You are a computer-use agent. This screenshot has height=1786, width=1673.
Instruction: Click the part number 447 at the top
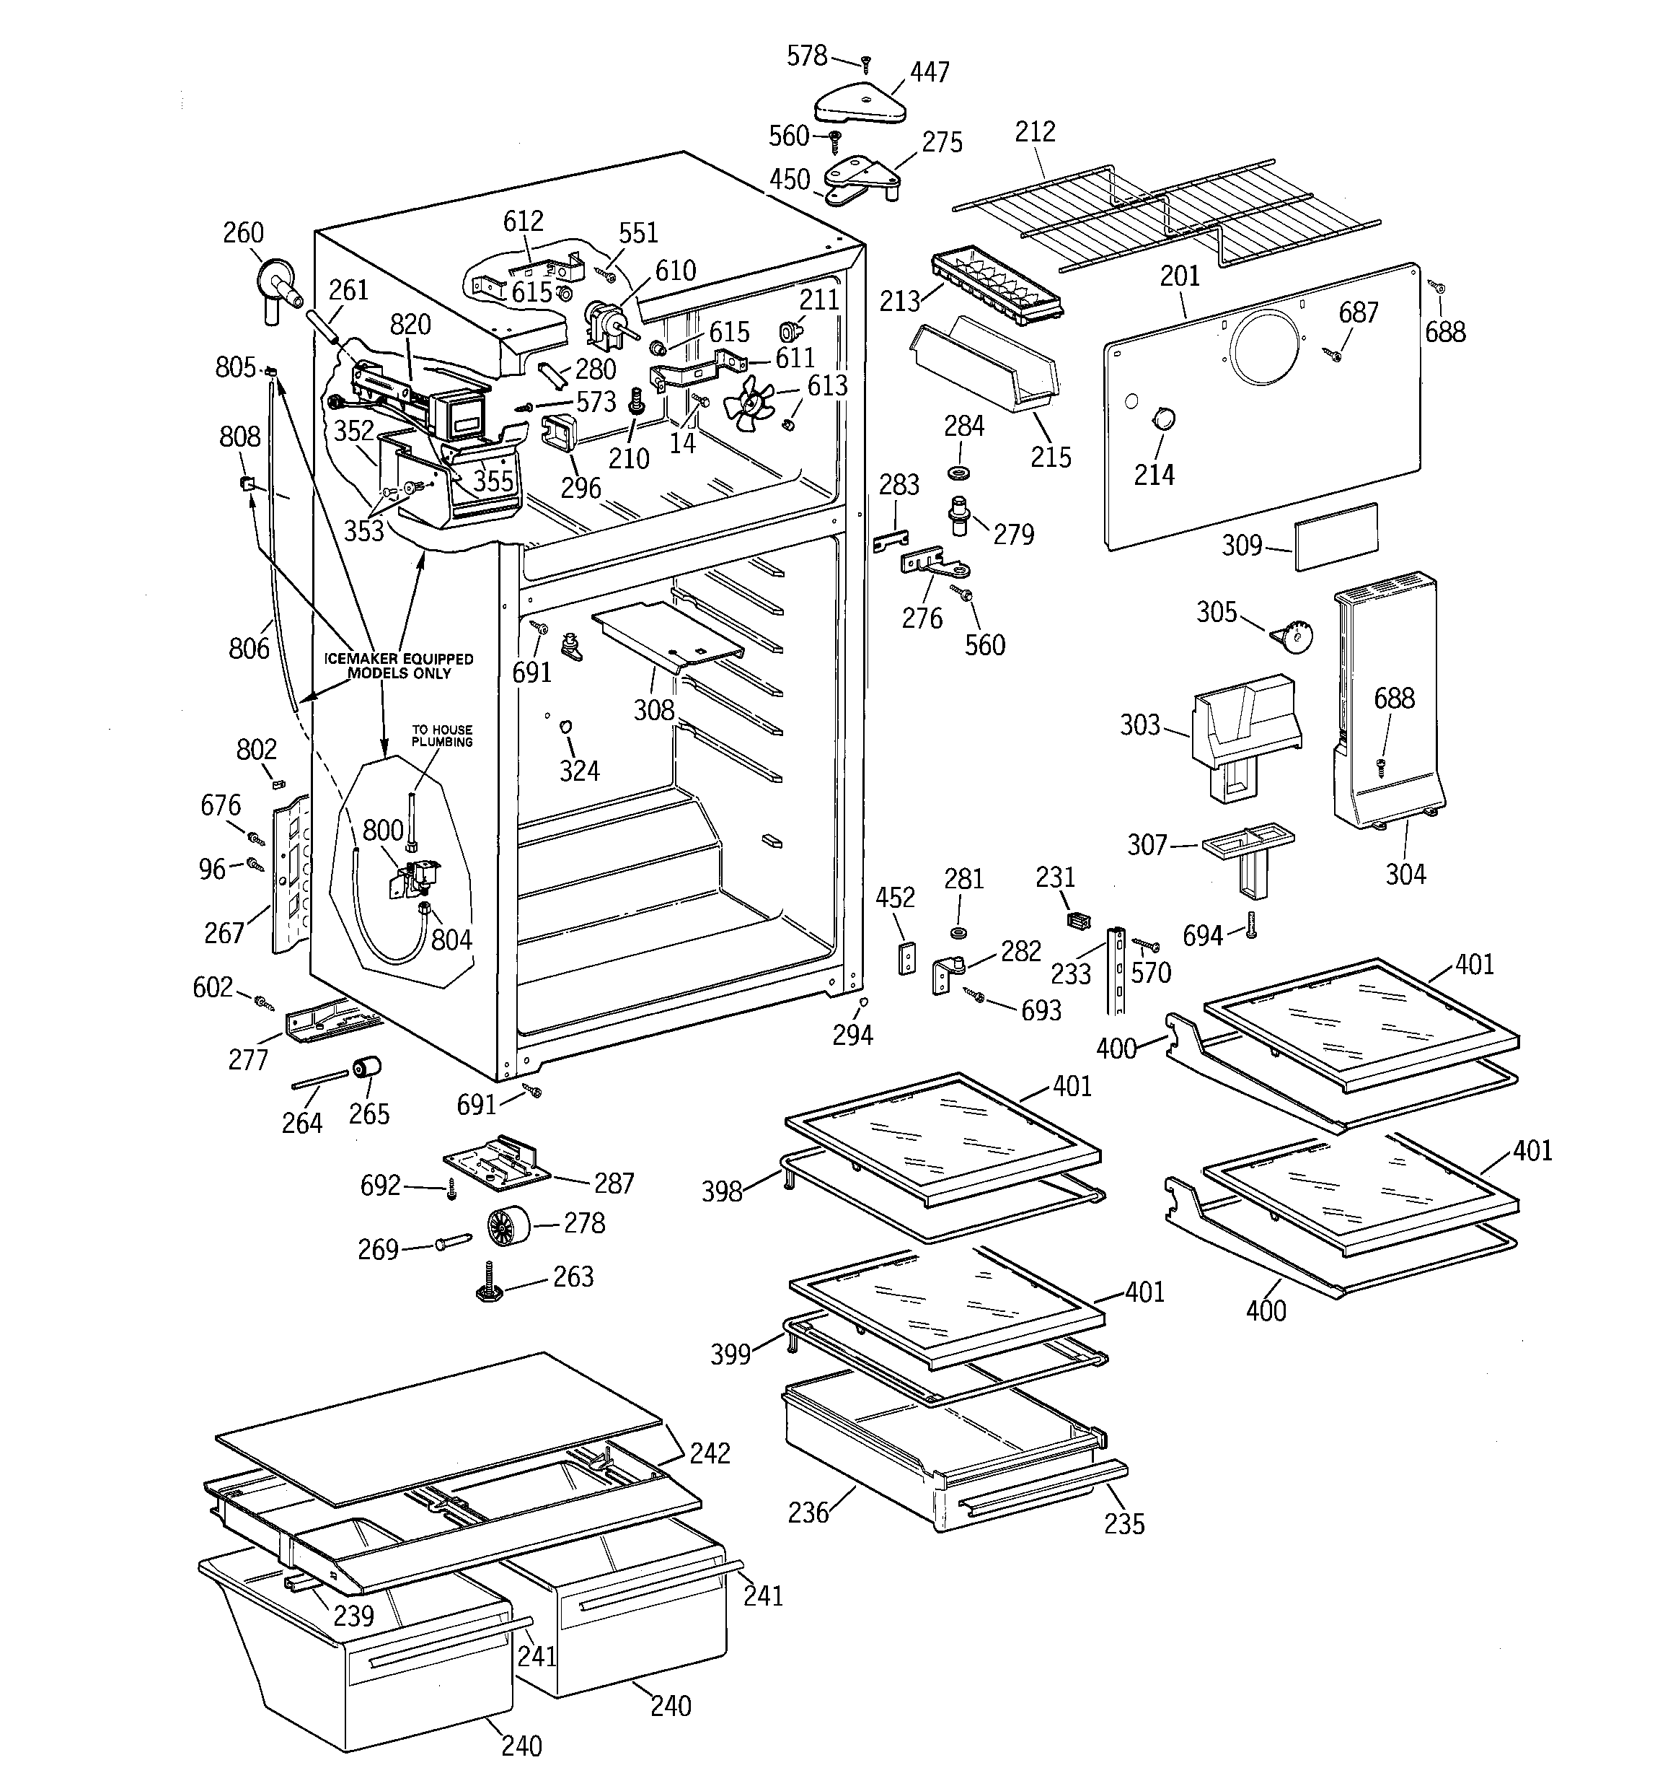click(930, 72)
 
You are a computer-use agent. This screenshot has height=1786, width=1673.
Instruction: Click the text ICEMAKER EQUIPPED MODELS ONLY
click(399, 666)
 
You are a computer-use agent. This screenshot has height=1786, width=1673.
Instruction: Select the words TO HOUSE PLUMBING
click(442, 736)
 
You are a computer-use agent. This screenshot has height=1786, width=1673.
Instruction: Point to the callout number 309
click(1242, 546)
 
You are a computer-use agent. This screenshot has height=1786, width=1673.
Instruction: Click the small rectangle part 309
click(1336, 536)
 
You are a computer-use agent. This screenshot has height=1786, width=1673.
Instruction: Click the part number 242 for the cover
click(710, 1453)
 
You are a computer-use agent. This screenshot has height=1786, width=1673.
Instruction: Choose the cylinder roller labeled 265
click(366, 1069)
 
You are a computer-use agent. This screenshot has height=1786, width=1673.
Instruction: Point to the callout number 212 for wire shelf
click(1035, 132)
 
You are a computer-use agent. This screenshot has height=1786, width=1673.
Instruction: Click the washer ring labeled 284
click(963, 472)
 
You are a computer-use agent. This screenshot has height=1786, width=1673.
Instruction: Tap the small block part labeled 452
click(908, 958)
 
